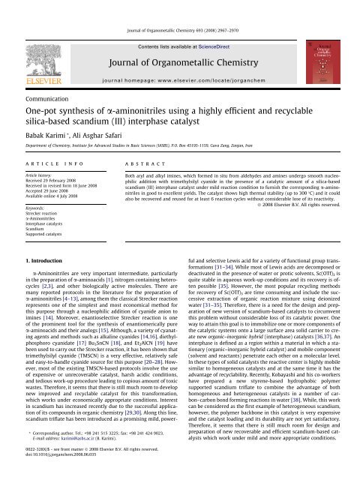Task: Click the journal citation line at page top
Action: point(180,7)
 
